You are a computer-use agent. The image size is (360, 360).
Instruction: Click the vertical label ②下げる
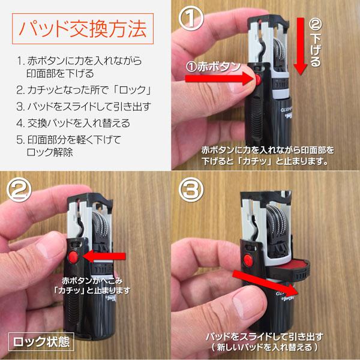tap(316, 42)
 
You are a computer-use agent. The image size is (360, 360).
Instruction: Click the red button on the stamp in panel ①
tap(257, 79)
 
